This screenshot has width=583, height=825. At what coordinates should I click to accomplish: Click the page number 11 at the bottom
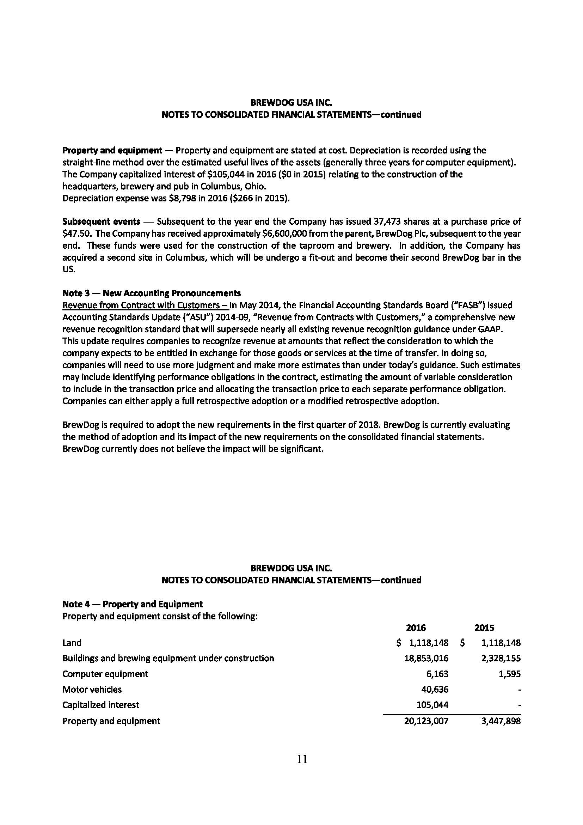pos(302,759)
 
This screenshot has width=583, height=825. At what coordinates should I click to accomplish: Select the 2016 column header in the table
pos(416,628)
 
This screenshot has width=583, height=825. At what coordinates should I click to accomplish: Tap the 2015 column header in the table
pos(484,628)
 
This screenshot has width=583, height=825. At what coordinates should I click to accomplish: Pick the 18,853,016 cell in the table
pos(426,658)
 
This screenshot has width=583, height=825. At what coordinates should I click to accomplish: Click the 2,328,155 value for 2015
pos(501,658)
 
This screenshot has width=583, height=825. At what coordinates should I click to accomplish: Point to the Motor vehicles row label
pos(92,689)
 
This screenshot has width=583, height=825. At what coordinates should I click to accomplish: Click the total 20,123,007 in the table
pos(426,721)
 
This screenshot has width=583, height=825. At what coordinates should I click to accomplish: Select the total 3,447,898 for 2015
pos(501,721)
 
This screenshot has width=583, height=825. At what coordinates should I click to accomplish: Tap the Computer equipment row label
pos(105,674)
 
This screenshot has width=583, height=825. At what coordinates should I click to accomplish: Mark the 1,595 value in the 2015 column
pos(510,674)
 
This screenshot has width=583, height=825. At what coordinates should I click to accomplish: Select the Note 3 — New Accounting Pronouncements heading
pos(152,293)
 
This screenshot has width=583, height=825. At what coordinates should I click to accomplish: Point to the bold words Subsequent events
pos(101,222)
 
